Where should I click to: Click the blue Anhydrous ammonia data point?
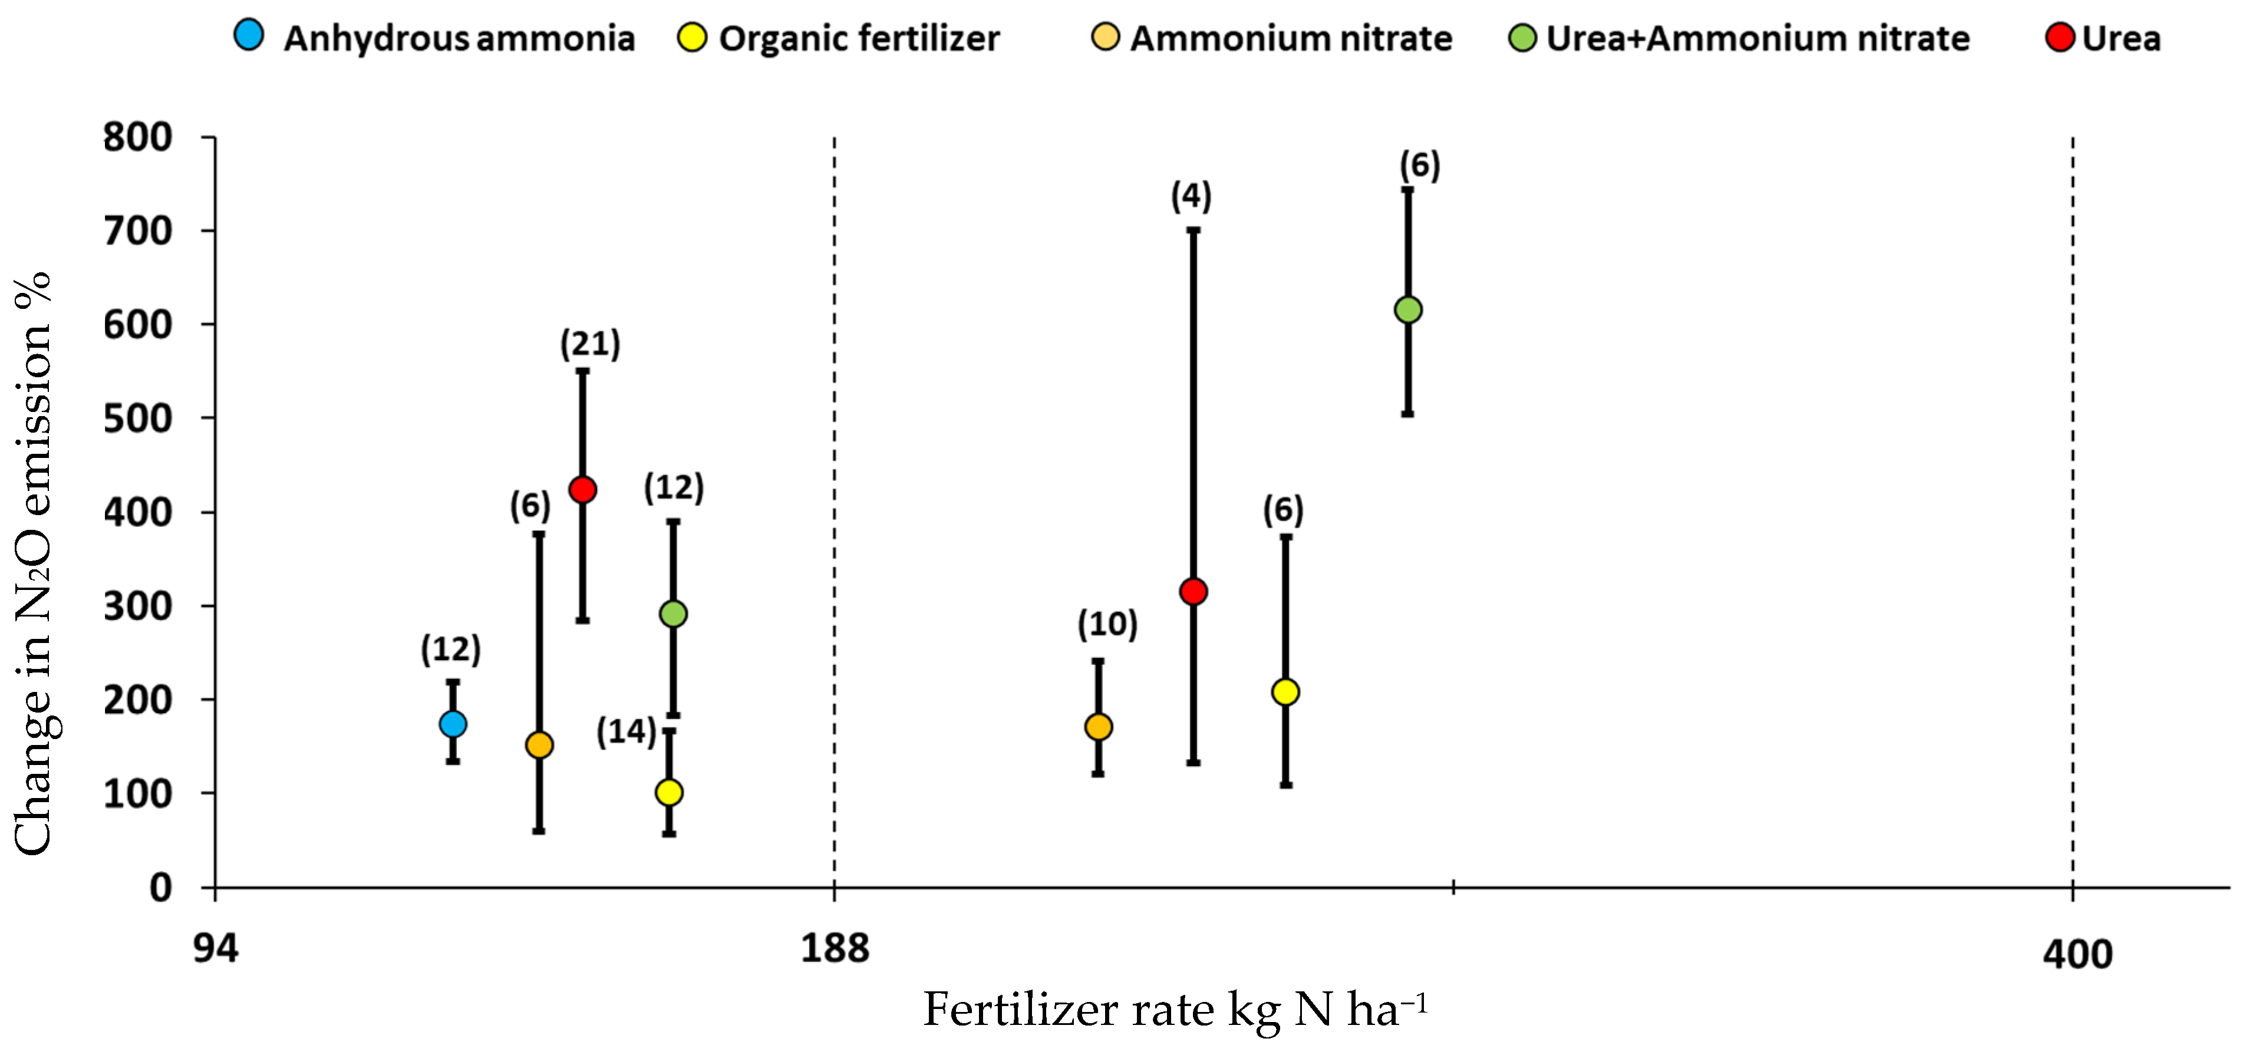(453, 723)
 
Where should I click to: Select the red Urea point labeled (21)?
(582, 489)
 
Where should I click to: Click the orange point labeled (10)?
(1099, 727)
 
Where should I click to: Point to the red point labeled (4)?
(1193, 592)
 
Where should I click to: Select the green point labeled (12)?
(672, 614)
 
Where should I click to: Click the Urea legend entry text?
(2121, 39)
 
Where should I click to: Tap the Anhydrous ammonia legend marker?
(249, 36)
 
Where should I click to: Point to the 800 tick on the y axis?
(137, 137)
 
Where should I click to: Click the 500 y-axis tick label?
(137, 418)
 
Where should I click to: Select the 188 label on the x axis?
(834, 948)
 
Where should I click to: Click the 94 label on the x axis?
(215, 948)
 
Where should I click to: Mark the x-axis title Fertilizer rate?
(1175, 1010)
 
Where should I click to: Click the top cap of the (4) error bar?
(1193, 230)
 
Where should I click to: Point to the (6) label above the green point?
(1420, 166)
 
